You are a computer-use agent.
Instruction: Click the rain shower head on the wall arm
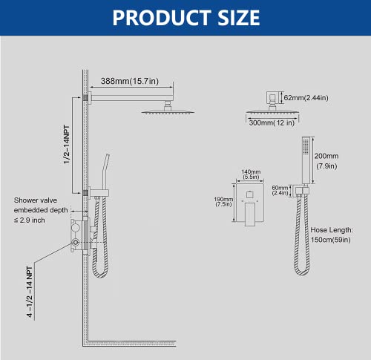163,108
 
